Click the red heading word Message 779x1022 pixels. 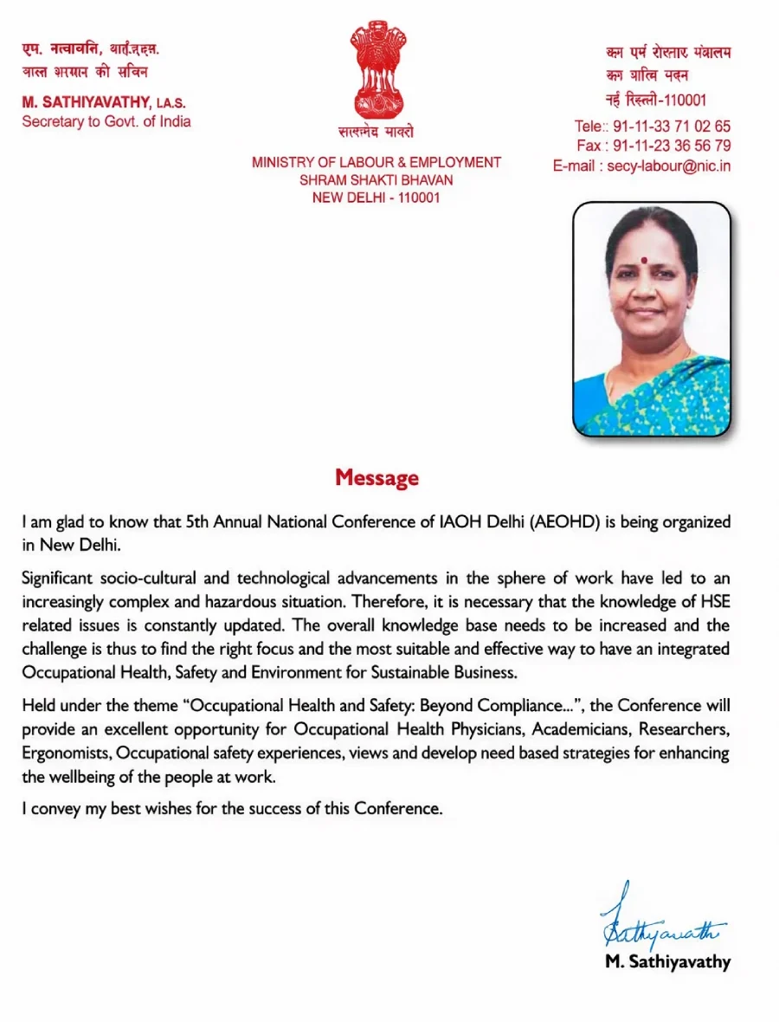(x=377, y=477)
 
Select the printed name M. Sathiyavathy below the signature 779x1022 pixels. (x=667, y=961)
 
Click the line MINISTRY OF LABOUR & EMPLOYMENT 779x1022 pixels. (x=377, y=162)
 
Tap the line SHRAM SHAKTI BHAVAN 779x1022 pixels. (x=377, y=180)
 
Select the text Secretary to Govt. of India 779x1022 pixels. (x=106, y=121)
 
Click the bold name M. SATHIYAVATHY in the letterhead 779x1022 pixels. (x=87, y=102)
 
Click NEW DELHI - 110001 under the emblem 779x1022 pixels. (x=377, y=198)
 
